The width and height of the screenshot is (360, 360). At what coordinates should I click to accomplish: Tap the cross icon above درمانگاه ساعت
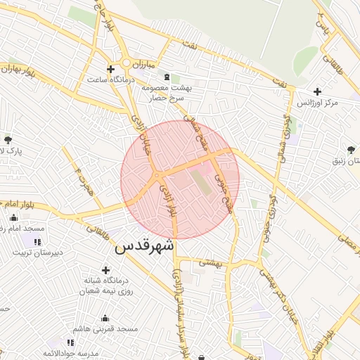point(110,68)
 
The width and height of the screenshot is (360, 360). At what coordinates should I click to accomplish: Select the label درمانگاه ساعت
point(112,79)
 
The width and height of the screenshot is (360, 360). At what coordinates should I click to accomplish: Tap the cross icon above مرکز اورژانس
point(318,91)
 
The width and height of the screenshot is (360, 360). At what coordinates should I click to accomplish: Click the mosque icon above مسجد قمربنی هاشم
point(105,318)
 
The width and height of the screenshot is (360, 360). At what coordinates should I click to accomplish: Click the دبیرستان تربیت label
point(36,252)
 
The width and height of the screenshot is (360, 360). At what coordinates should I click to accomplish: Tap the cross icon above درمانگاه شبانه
point(105,269)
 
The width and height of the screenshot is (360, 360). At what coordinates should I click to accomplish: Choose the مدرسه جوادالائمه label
point(70,353)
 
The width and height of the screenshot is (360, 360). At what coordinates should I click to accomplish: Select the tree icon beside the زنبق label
point(351,148)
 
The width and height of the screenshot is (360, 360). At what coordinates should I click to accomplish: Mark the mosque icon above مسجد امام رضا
point(14,218)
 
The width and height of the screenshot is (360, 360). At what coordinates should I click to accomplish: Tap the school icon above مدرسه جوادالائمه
point(70,342)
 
